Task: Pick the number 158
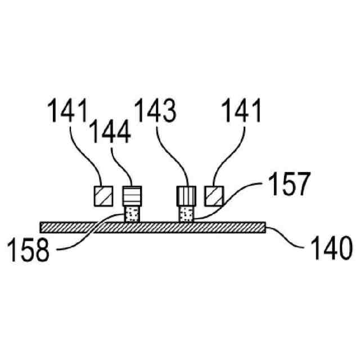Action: [x=28, y=249]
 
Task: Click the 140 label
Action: [x=330, y=249]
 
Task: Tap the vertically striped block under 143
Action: [x=185, y=196]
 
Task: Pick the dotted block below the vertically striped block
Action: [x=185, y=214]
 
